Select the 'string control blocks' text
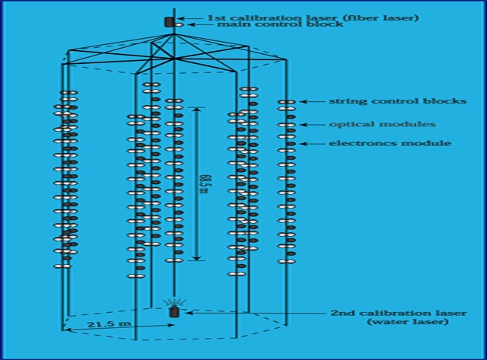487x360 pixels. tap(376, 101)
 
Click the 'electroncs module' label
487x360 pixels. tap(380, 143)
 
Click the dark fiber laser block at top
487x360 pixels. tap(169, 21)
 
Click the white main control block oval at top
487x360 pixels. tap(178, 26)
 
